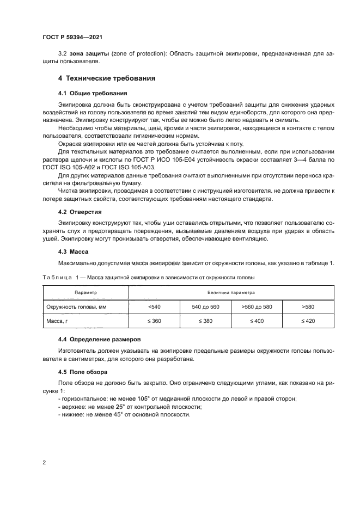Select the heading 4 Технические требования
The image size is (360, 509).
tap(107, 78)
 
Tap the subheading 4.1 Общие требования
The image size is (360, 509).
tap(93, 93)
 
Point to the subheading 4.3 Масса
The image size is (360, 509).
tap(73, 252)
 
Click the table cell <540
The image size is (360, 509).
tap(154, 307)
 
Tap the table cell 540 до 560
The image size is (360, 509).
tap(206, 307)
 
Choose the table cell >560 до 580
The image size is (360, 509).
tap(257, 307)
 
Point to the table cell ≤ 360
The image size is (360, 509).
tap(154, 322)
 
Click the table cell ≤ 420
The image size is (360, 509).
tap(308, 322)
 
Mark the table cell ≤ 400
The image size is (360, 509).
tap(257, 322)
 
